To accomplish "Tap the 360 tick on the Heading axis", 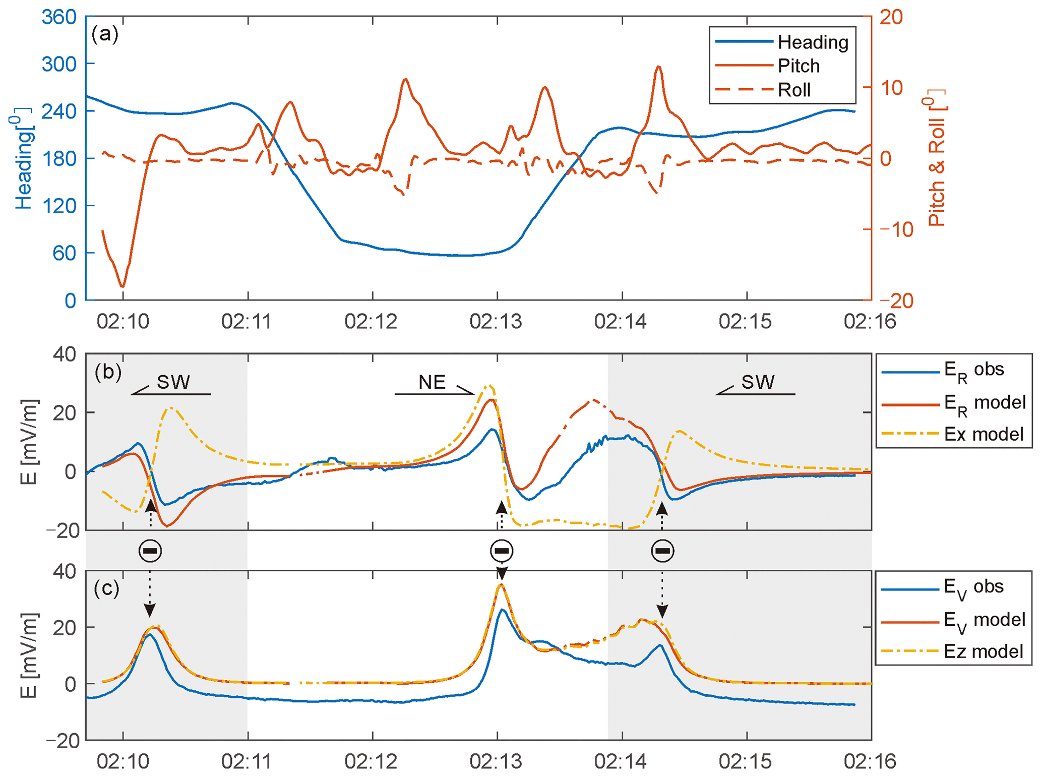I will (59, 17).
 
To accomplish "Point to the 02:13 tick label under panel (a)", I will (496, 321).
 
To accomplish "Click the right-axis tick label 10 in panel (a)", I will (891, 88).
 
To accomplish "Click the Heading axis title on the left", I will (23, 158).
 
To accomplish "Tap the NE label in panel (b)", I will (432, 382).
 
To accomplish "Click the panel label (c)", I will (106, 588).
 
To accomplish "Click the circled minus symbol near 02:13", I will (502, 551).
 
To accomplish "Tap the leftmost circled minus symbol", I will (150, 551).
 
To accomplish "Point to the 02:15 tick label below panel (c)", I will (745, 761).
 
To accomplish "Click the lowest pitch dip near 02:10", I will (122, 286).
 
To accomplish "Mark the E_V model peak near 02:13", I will (501, 585).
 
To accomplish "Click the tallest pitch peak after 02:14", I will (658, 67).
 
